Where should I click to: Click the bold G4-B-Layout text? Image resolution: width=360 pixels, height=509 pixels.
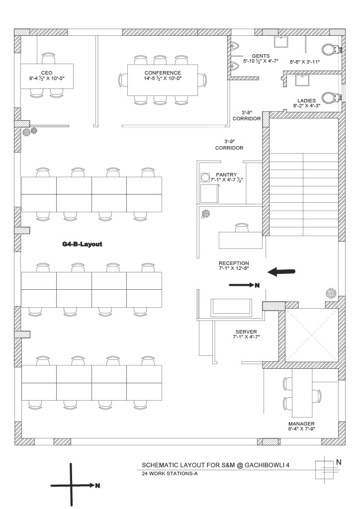point(82,244)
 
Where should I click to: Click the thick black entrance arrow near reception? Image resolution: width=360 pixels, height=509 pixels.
point(281,271)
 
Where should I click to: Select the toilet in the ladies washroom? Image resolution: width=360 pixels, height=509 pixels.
point(330,97)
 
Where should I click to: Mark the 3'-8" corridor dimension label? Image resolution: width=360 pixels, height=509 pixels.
point(247,115)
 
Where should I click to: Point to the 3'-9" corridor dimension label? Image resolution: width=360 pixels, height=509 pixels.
point(229,145)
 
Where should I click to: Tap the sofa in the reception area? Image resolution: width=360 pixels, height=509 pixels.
point(231,307)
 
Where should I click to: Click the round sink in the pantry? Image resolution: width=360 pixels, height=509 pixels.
point(205,177)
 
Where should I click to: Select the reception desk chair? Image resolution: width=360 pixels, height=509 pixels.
point(241,227)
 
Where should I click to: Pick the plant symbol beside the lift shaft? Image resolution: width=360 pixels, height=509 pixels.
point(331,293)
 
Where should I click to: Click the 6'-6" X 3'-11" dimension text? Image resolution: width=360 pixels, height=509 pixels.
point(305,62)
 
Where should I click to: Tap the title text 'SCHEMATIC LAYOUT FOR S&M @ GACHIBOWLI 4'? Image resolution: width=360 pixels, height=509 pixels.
point(215,465)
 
